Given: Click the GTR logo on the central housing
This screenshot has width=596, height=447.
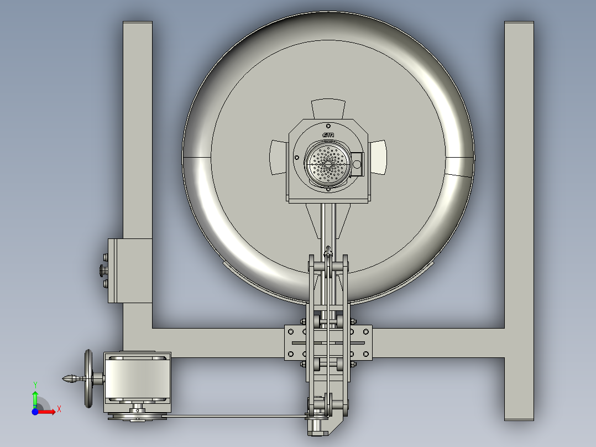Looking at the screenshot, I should click(328, 135).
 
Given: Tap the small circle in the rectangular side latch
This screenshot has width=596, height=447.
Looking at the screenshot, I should click(357, 163).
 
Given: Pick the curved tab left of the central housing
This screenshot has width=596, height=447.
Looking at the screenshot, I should click(278, 157).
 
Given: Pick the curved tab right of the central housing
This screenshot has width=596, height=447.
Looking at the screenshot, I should click(378, 157).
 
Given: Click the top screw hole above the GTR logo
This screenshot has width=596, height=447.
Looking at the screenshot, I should click(328, 125).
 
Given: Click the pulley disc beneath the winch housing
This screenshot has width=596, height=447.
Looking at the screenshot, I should click(138, 415).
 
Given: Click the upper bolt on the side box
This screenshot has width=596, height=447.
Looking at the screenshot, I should click(106, 257).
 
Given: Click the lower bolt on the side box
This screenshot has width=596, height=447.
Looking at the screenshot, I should click(106, 284).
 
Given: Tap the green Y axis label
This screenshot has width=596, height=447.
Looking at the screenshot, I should click(35, 384).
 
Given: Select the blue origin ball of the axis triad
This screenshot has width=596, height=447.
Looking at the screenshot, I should click(35, 412).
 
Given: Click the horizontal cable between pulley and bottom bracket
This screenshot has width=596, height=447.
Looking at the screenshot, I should click(232, 416).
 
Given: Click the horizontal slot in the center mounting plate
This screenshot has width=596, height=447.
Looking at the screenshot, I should click(328, 343).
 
